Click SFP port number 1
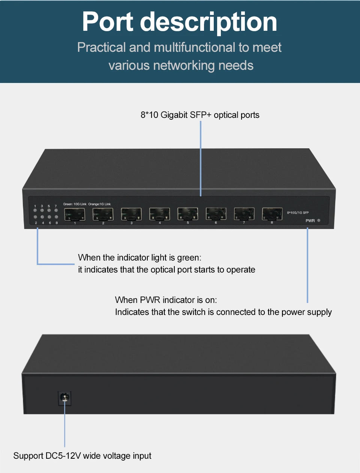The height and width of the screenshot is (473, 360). pyautogui.click(x=75, y=215)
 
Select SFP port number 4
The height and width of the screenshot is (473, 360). pyautogui.click(x=159, y=214)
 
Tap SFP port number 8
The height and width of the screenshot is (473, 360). pyautogui.click(x=272, y=214)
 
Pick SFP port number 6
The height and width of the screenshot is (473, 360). pyautogui.click(x=216, y=214)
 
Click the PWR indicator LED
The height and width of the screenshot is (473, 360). pyautogui.click(x=319, y=220)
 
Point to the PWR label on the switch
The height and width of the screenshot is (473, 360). pyautogui.click(x=310, y=221)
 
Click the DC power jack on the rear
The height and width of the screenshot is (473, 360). pyautogui.click(x=64, y=397)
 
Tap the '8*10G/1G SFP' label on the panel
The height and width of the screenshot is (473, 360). pyautogui.click(x=298, y=213)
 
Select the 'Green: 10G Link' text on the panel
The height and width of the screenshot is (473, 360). pyautogui.click(x=75, y=204)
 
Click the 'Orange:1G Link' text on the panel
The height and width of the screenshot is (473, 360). pyautogui.click(x=100, y=204)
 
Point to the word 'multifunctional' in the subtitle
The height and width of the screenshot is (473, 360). pyautogui.click(x=194, y=47)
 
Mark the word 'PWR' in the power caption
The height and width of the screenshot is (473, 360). pyautogui.click(x=150, y=300)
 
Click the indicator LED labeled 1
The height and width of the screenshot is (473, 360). pyautogui.click(x=35, y=210)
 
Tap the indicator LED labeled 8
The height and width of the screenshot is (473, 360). pyautogui.click(x=56, y=217)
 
